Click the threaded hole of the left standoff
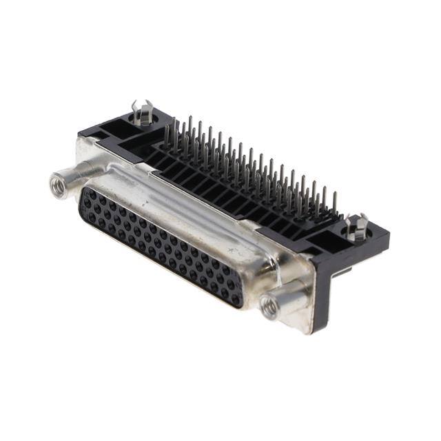pos(57,184)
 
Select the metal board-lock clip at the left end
pos(142,112)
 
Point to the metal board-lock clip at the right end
pos(358,226)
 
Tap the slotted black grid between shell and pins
pos(227,200)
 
